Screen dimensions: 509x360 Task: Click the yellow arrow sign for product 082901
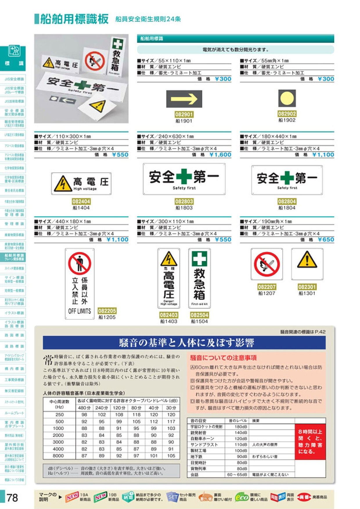(x=184, y=99)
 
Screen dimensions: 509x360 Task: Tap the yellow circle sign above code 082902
(x=287, y=98)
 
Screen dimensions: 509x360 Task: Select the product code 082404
(x=81, y=201)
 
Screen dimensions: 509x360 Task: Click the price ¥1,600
(x=220, y=155)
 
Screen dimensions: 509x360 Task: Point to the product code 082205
(x=107, y=311)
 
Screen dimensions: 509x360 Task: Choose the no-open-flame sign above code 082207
(x=267, y=264)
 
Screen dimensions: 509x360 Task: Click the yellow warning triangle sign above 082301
(x=307, y=264)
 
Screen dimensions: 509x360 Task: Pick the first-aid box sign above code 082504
(x=199, y=278)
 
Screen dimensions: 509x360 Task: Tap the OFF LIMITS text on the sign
(x=80, y=311)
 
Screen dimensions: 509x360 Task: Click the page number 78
(x=12, y=498)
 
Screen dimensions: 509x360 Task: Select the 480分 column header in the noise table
(x=84, y=408)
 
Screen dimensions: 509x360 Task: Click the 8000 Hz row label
(x=58, y=456)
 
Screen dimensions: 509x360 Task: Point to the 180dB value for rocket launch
(x=241, y=427)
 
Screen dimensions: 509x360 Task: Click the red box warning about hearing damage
(x=310, y=441)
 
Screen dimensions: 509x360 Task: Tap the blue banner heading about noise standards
(x=184, y=343)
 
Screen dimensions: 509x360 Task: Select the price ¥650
(x=326, y=240)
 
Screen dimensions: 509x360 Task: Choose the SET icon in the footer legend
(x=172, y=497)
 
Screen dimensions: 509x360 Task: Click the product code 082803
(x=184, y=201)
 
